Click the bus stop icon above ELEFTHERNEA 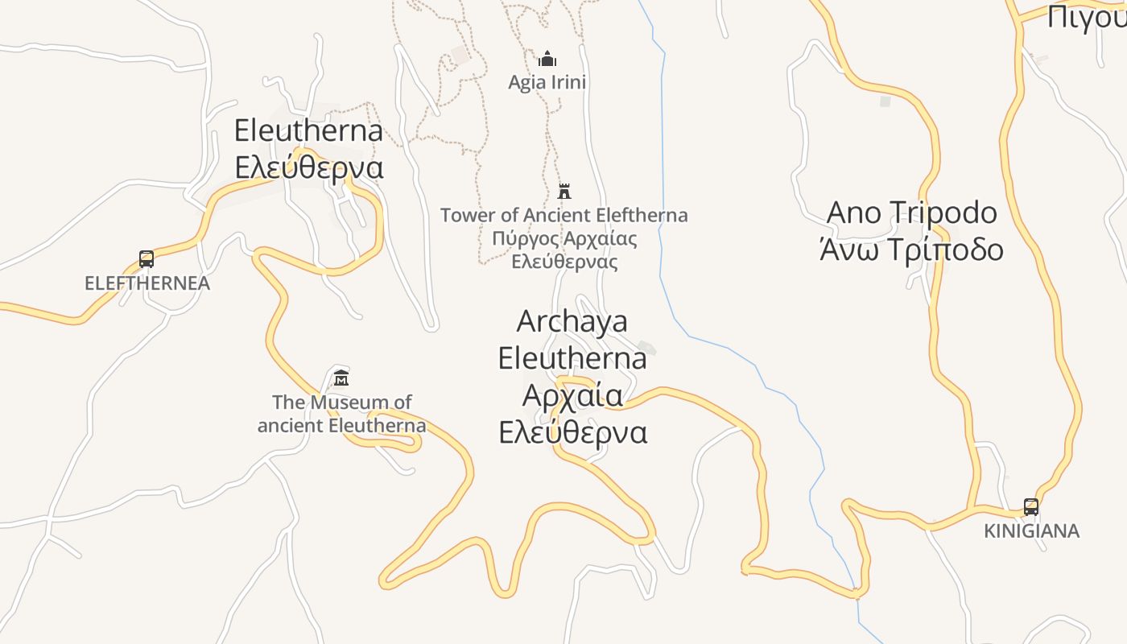coord(147,259)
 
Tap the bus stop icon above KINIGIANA coord(1031,507)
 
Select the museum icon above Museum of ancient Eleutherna coord(341,378)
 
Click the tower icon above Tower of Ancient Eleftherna coord(564,191)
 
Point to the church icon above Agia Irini coord(547,59)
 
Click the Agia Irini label coord(547,82)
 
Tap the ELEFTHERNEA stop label coord(147,283)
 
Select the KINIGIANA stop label coord(1031,531)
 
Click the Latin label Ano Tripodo coord(912,213)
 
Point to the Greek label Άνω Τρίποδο coord(912,250)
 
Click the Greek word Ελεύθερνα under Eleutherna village coord(309,167)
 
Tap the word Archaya coord(572,321)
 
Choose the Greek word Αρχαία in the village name coord(572,395)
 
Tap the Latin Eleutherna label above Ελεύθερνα coord(308,130)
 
